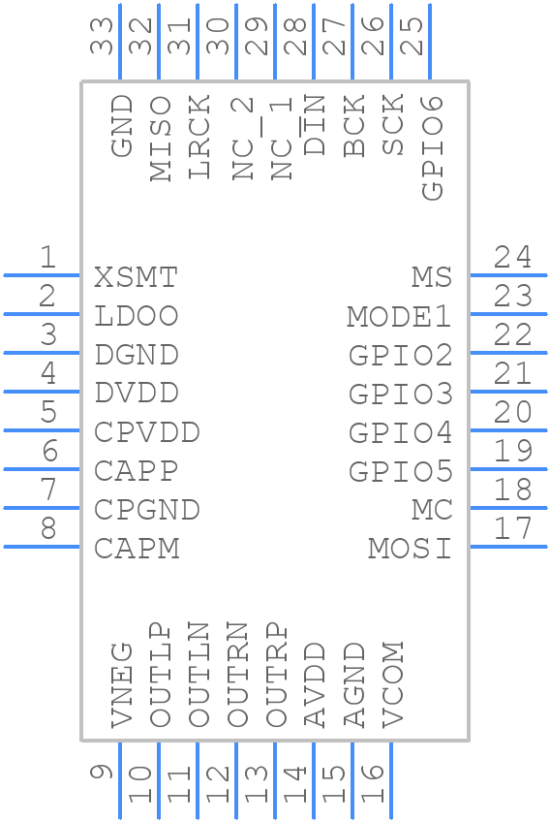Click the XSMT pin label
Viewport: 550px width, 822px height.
pos(137,277)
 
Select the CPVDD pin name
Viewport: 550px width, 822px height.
pos(147,432)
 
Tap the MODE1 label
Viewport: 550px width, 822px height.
pos(399,317)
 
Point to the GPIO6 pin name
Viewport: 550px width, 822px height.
pos(433,148)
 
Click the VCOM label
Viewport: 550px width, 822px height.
pos(393,684)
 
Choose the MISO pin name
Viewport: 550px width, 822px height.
pos(161,139)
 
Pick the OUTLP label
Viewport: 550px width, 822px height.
pos(161,676)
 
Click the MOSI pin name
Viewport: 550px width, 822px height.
pos(410,549)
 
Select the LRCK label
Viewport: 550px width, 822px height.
pos(199,137)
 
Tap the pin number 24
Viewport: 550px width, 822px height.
pos(513,257)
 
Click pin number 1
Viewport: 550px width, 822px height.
pos(48,257)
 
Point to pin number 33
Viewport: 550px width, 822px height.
pos(102,36)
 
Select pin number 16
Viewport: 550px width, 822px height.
pos(373,784)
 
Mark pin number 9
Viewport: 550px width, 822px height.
pos(102,773)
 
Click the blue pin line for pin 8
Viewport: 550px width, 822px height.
pos(42,547)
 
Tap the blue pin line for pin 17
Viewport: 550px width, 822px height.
pos(508,547)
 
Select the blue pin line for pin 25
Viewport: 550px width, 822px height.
pos(430,42)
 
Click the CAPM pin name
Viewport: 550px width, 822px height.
pos(137,549)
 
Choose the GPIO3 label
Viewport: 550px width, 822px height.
pos(401,395)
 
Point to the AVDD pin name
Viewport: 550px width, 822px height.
pos(316,685)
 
